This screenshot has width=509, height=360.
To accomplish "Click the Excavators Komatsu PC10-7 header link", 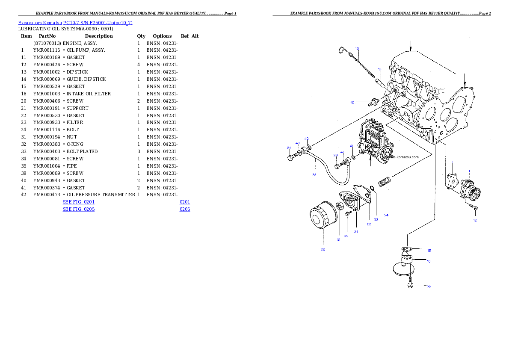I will pyautogui.click(x=75, y=23).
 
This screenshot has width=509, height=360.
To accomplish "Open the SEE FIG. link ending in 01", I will pyautogui.click(x=79, y=201).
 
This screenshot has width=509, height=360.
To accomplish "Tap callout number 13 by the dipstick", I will pyautogui.click(x=357, y=49).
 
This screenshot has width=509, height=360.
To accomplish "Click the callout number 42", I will pyautogui.click(x=352, y=102).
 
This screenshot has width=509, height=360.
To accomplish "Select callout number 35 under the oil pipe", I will pyautogui.click(x=314, y=174).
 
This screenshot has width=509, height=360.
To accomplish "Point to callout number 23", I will pyautogui.click(x=323, y=249).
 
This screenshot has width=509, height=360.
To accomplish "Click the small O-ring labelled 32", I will pyautogui.click(x=372, y=189).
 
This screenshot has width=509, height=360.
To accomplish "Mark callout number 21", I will pyautogui.click(x=356, y=231).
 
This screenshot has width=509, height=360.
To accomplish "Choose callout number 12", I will pyautogui.click(x=475, y=220).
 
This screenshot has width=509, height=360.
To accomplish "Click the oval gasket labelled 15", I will pyautogui.click(x=406, y=249).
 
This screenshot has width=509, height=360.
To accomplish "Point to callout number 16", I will pyautogui.click(x=428, y=261).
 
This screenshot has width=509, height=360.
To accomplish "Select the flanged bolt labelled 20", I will pyautogui.click(x=410, y=284).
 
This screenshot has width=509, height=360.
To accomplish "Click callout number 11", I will pyautogui.click(x=451, y=162).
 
